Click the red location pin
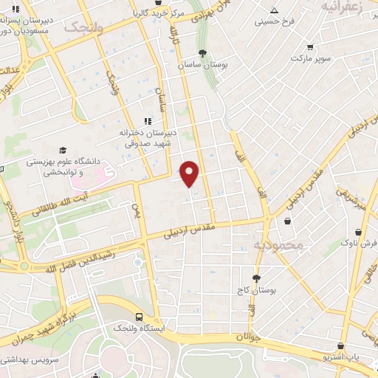point(190,173)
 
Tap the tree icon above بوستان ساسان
point(202,53)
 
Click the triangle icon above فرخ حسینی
point(275,10)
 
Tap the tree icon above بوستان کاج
point(256,278)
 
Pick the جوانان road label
point(248,336)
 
